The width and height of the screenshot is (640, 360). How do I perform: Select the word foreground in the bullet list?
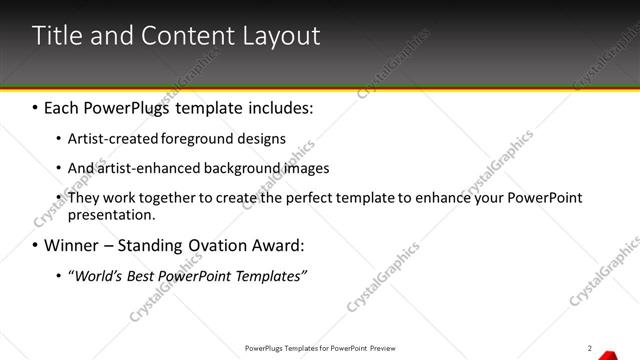point(205,138)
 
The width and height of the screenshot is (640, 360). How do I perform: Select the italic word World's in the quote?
point(95,275)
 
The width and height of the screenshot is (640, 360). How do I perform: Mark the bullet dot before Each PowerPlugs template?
point(35,105)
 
